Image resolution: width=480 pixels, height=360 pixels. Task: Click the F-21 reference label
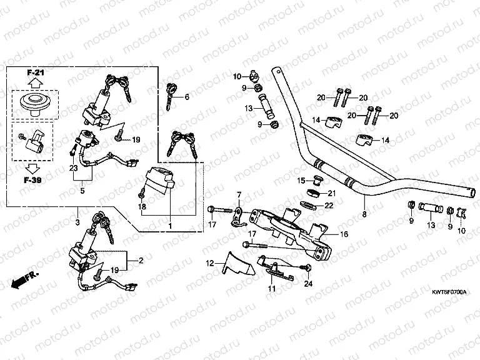click(35, 73)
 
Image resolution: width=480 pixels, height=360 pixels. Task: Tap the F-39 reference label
click(35, 180)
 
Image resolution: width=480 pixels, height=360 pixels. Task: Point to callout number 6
click(186, 97)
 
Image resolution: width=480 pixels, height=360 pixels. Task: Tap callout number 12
click(210, 262)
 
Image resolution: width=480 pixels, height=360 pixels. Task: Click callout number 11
click(271, 289)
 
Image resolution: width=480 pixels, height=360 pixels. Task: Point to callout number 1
click(169, 224)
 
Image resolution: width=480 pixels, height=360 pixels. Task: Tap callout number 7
click(237, 195)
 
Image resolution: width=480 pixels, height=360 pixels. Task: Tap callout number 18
click(142, 206)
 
